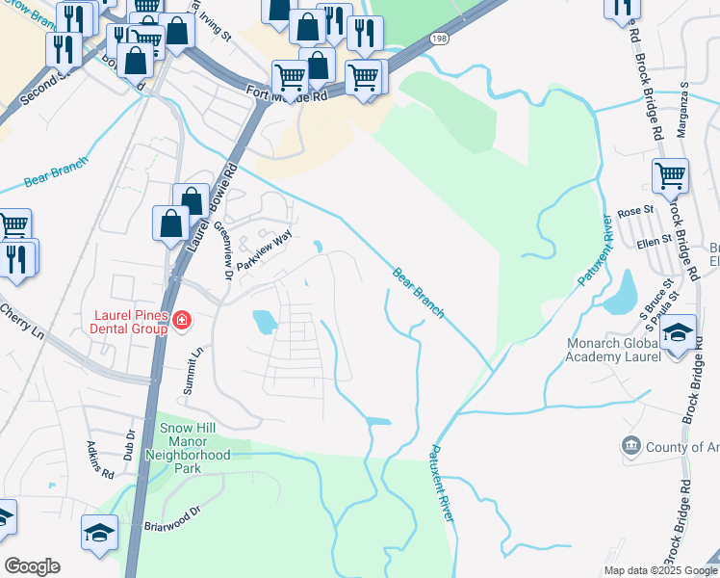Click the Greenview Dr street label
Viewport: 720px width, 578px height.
(223, 251)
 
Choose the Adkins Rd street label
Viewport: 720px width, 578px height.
(101, 460)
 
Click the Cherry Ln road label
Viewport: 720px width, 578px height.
(22, 322)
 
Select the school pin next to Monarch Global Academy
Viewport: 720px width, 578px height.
(679, 334)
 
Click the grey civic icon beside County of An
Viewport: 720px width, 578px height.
(631, 445)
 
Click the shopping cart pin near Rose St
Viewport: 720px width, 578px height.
(670, 177)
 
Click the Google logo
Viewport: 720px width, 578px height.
(33, 566)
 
